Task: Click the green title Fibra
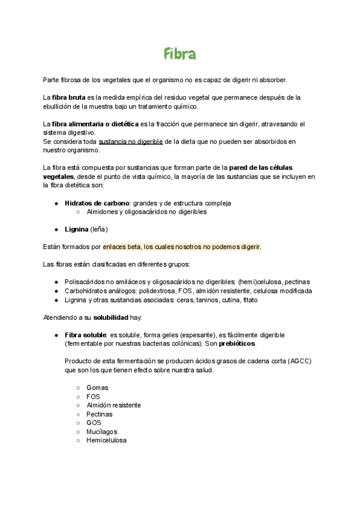coord(179,55)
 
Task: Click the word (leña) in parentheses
coord(99,229)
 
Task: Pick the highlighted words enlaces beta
coord(122,247)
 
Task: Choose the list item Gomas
coord(97,388)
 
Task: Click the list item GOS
coord(94,423)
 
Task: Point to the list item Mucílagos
coord(101,432)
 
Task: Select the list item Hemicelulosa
coord(106,440)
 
